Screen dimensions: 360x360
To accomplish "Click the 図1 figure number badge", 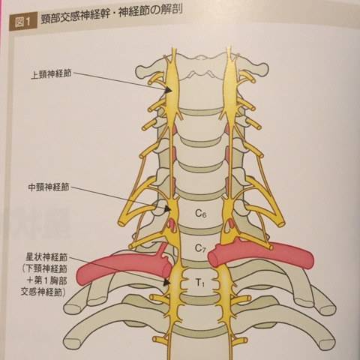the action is click(23, 22).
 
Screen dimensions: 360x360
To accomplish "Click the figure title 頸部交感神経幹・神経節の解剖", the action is click(112, 16).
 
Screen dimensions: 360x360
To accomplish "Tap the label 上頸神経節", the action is click(51, 73).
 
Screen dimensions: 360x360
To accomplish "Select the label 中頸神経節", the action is click(49, 187).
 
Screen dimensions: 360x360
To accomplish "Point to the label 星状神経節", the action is click(46, 257).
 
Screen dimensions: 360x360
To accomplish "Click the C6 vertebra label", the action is click(200, 213).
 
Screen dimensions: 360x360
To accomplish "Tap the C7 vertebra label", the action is click(200, 248).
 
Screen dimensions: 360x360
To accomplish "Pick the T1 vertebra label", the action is click(200, 283).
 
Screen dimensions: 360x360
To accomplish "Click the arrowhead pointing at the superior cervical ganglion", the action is click(168, 90).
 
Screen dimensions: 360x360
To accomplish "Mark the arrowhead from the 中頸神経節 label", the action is click(167, 208).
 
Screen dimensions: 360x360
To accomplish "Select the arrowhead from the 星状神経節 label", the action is click(166, 282).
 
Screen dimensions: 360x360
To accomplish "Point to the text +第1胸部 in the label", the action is click(46, 280).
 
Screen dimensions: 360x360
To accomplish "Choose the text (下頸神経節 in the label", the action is click(44, 269).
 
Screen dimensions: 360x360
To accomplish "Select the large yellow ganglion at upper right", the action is click(230, 84).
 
